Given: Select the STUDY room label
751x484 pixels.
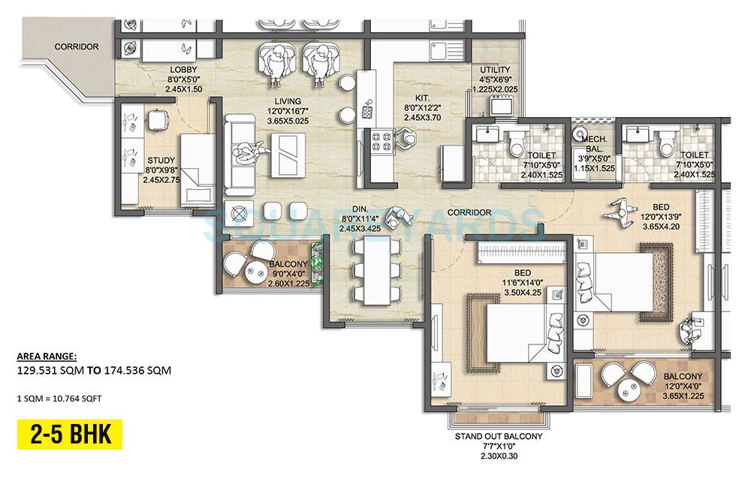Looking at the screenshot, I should point(161,160).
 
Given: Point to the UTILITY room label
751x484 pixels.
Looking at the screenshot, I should point(495,70).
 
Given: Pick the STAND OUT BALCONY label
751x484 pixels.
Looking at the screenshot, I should point(498,436).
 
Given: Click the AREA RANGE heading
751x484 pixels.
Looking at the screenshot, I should point(47,356).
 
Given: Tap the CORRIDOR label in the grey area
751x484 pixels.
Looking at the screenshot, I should point(76,47).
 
